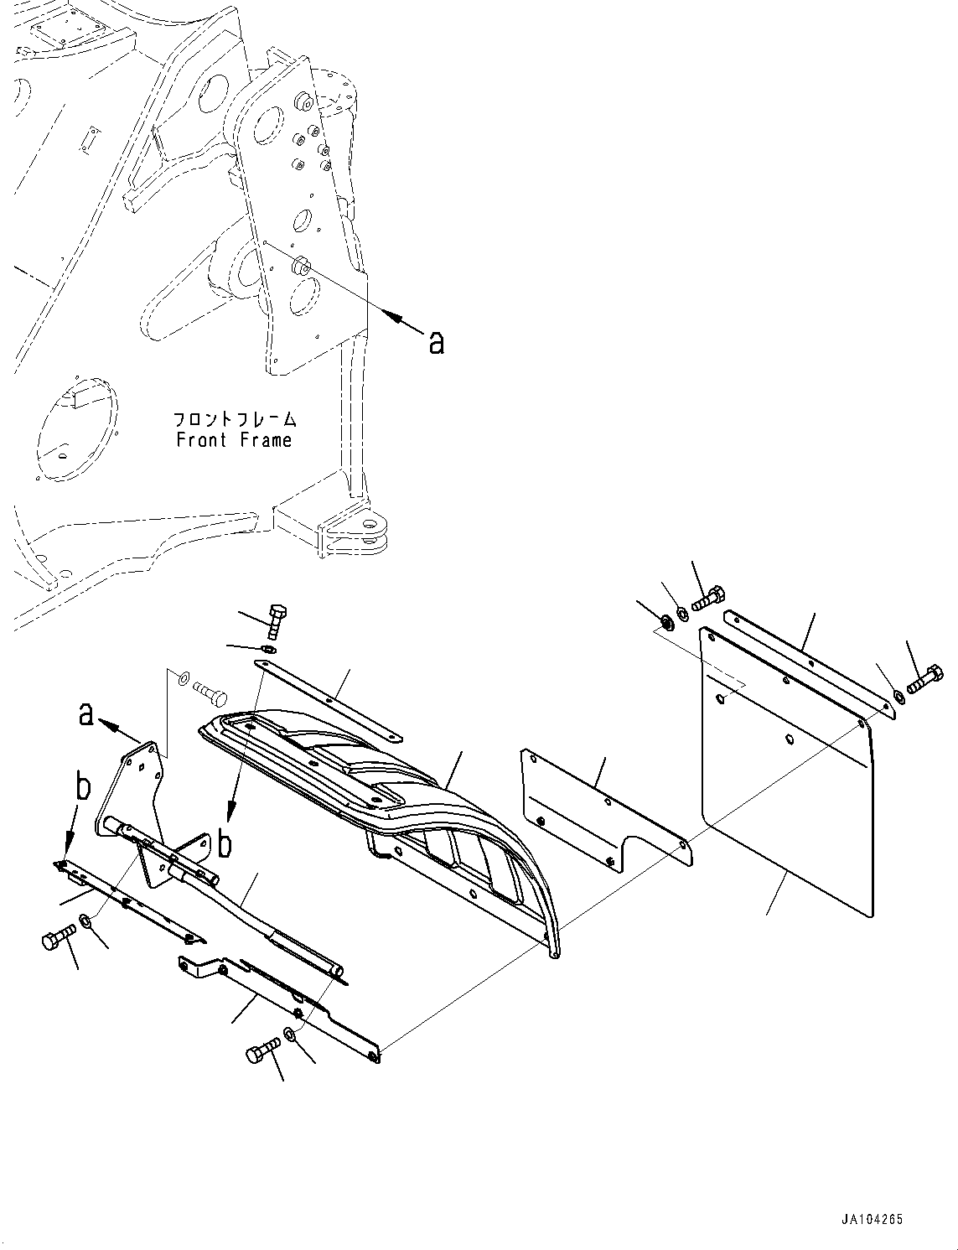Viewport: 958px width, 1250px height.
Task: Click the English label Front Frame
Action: point(234,440)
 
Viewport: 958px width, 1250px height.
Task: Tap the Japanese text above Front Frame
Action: point(234,418)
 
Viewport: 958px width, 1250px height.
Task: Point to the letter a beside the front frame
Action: point(436,341)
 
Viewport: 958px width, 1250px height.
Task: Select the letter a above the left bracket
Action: point(85,713)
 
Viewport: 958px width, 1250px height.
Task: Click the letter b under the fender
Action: point(225,843)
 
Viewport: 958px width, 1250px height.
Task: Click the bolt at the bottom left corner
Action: point(55,939)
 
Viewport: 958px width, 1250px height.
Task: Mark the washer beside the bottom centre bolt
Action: point(290,1035)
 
